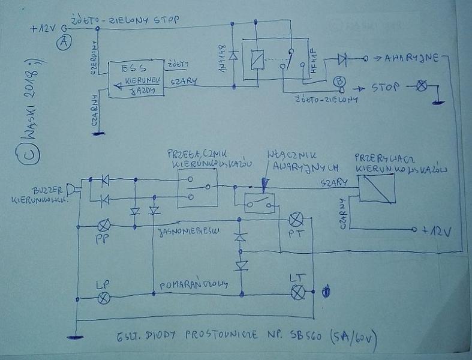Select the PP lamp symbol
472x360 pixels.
(104, 225)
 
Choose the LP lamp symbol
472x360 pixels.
(104, 298)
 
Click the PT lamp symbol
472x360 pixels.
(296, 219)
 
